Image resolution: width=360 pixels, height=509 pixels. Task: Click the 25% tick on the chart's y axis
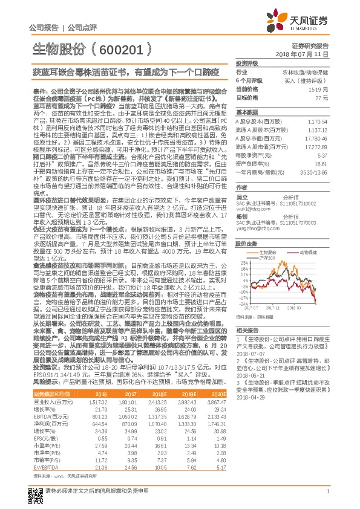(242, 262)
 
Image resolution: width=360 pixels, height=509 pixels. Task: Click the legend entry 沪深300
(267, 258)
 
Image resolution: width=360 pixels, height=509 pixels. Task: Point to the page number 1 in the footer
(327, 496)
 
